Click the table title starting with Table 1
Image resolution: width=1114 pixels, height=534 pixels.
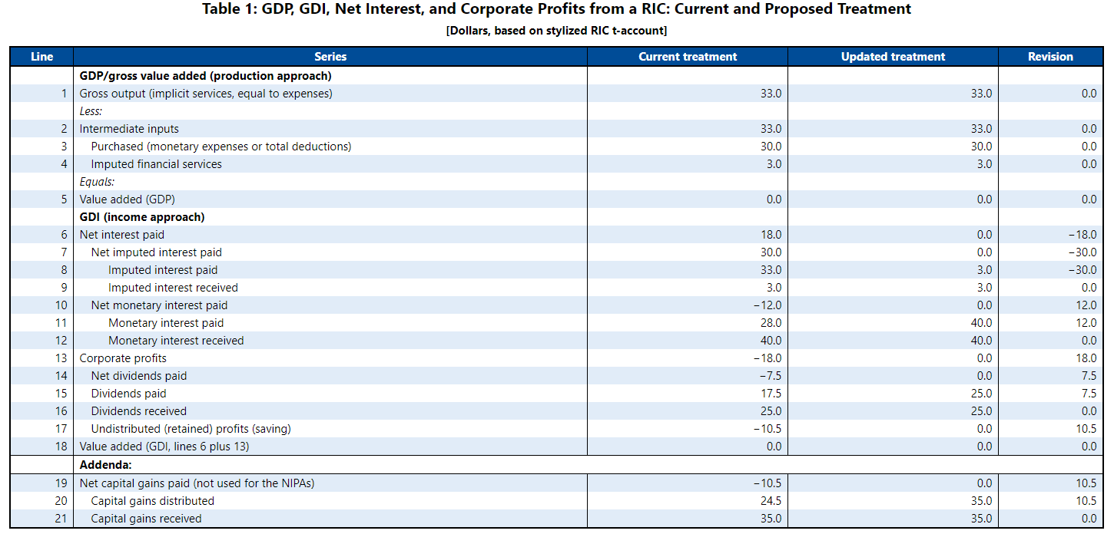[x=556, y=9]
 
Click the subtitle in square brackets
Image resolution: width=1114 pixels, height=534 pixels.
[x=556, y=31]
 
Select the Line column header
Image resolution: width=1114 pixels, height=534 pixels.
[x=41, y=57]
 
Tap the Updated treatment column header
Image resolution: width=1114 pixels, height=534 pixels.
[x=893, y=57]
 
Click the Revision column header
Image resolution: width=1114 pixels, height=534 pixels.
[x=1050, y=57]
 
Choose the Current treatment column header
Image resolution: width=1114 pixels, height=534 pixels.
[x=688, y=57]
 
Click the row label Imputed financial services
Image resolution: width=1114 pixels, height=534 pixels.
[x=156, y=164]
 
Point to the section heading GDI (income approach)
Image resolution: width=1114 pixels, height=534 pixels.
[x=142, y=217]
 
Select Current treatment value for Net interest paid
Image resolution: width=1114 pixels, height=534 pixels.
[x=771, y=235]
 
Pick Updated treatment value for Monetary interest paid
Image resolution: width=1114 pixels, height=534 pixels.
[x=981, y=323]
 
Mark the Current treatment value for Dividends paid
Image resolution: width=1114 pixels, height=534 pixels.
[x=771, y=394]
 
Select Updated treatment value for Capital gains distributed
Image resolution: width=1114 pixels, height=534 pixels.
[x=981, y=501]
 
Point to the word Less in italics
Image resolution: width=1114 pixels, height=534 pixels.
[x=91, y=111]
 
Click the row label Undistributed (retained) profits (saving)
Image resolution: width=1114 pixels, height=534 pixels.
[x=191, y=429]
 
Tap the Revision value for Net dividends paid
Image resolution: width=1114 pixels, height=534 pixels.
[x=1087, y=376]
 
